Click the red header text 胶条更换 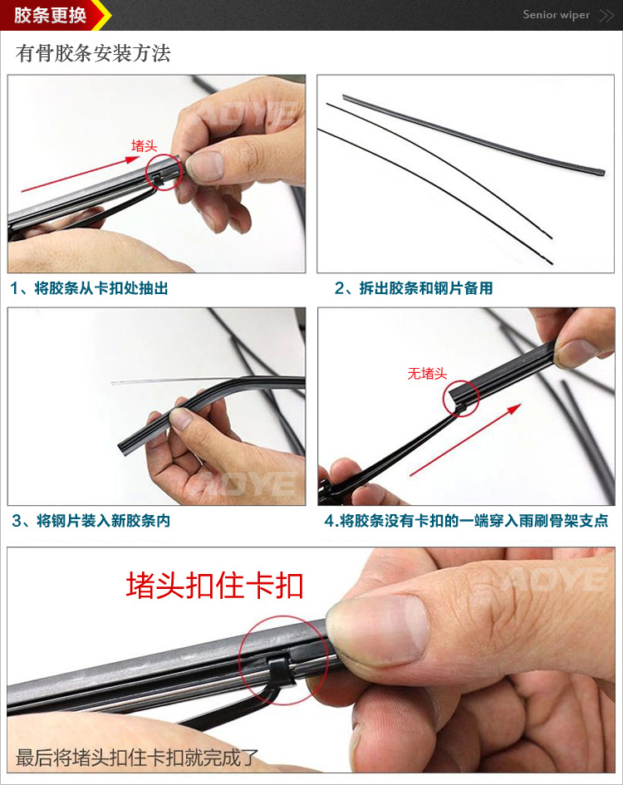pos(50,15)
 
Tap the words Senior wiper pos(557,15)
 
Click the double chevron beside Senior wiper pos(606,16)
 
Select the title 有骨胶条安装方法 pos(93,53)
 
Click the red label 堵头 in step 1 pos(145,145)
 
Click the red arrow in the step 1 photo pos(80,174)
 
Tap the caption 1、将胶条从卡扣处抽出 pos(89,288)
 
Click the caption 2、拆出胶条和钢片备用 pos(414,288)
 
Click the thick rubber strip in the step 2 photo pos(473,135)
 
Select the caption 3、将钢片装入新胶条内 pos(91,521)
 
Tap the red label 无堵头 pos(427,374)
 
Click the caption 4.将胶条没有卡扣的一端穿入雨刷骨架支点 pos(466,521)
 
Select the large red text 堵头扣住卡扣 pos(215,586)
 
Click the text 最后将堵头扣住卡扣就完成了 pos(137,758)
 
